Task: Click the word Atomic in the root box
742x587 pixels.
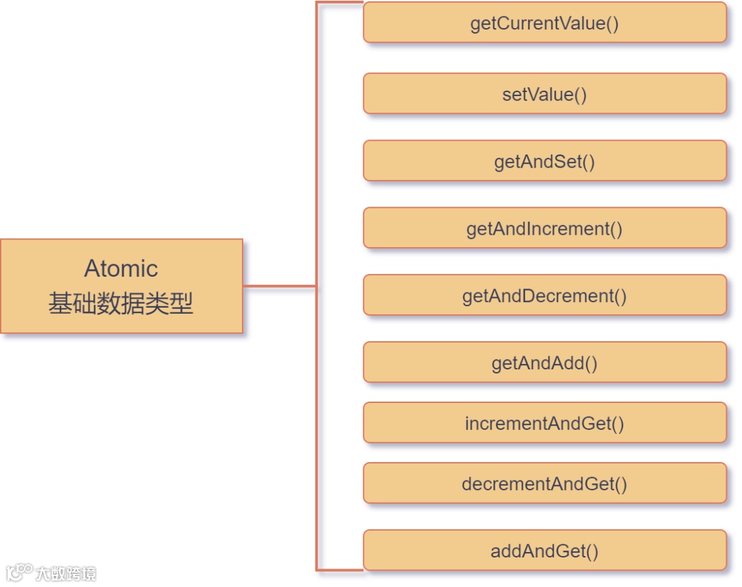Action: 121,268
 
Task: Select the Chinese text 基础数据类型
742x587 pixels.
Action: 121,303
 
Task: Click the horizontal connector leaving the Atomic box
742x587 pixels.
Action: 279,286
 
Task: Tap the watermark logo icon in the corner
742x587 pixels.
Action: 19,572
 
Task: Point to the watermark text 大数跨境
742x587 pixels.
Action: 66,573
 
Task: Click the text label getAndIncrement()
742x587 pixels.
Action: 544,229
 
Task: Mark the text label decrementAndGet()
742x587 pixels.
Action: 544,484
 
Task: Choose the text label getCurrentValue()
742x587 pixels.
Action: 544,23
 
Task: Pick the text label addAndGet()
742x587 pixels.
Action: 544,551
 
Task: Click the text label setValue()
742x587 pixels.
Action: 544,94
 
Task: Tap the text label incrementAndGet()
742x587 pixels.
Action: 544,424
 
